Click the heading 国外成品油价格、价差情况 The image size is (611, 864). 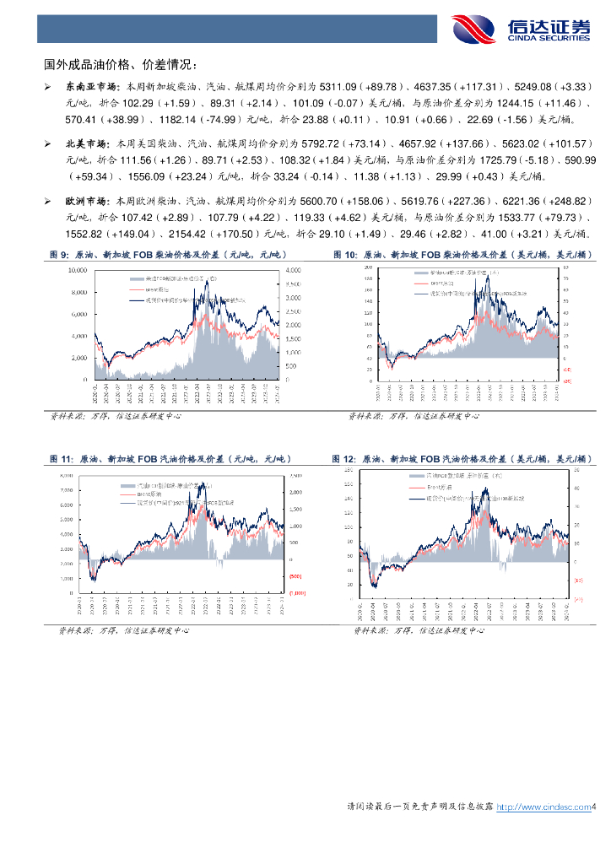(122, 64)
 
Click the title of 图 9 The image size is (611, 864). (169, 255)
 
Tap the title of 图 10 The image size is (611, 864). (462, 255)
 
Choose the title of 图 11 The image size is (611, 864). (169, 459)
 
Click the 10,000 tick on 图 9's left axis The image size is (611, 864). (78, 270)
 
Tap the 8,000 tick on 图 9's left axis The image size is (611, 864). (79, 292)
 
